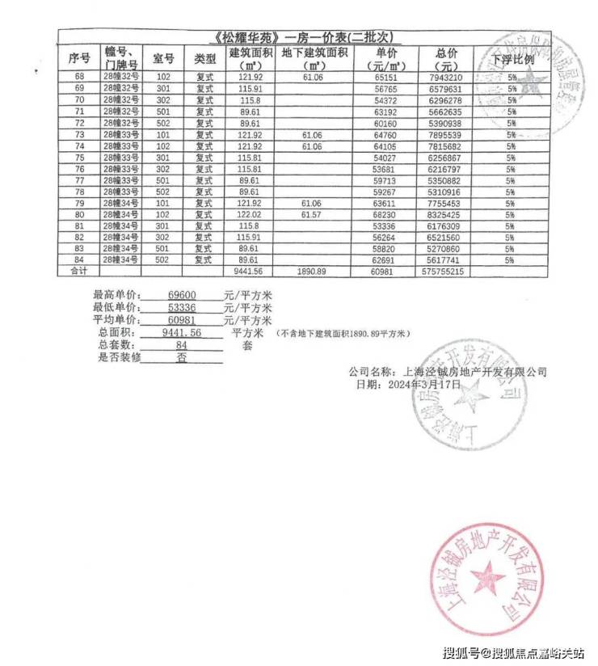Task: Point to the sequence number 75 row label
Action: point(79,158)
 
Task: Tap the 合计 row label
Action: point(78,272)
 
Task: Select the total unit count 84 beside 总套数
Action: point(182,345)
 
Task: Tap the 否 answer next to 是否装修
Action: point(182,356)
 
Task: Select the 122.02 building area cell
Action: point(248,215)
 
